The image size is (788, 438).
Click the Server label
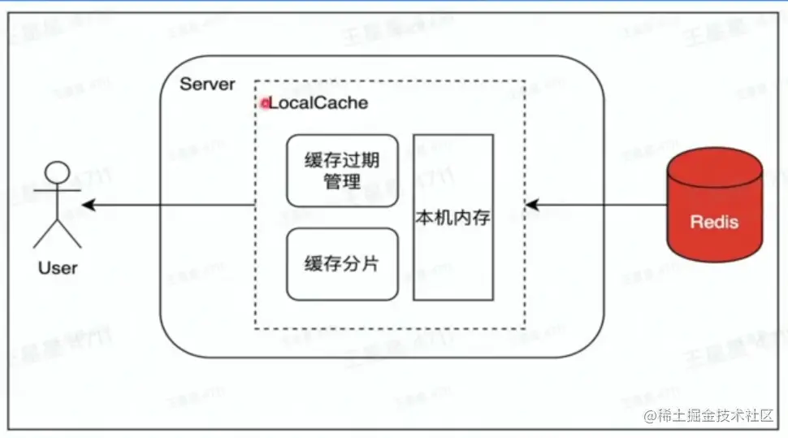[x=207, y=84]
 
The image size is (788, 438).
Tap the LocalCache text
[x=318, y=103]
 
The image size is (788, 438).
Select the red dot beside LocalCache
[x=264, y=104]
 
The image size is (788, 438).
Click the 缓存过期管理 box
[x=342, y=171]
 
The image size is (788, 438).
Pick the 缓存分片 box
[x=342, y=264]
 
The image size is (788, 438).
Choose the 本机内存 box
[x=453, y=218]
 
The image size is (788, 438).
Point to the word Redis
[x=715, y=221]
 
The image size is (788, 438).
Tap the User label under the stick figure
[x=58, y=267]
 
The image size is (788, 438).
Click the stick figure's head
[x=57, y=173]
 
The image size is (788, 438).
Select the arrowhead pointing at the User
[x=89, y=205]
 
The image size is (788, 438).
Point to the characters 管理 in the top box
[x=342, y=180]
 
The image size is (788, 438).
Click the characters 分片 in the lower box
[x=360, y=264]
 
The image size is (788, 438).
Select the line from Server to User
[x=171, y=205]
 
